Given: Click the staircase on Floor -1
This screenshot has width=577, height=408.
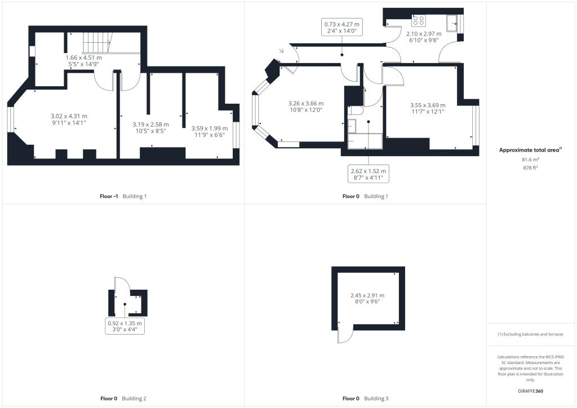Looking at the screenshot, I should [x=97, y=43].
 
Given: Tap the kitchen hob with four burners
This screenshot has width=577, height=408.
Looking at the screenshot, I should [x=419, y=21].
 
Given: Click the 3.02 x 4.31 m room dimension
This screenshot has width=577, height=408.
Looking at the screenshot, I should [x=69, y=119].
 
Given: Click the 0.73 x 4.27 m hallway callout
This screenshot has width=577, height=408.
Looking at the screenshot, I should [x=341, y=28].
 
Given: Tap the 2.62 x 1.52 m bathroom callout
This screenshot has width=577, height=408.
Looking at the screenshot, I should [x=368, y=174].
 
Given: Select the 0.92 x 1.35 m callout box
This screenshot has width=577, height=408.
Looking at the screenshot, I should [x=125, y=327].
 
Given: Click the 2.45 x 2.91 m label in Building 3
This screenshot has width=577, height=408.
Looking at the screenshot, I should [x=367, y=298].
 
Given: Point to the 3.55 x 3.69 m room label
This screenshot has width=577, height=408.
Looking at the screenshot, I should [x=428, y=109].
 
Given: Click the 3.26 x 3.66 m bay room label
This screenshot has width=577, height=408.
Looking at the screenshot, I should [x=305, y=107].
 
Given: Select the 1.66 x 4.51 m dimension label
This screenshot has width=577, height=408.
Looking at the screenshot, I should [x=84, y=61].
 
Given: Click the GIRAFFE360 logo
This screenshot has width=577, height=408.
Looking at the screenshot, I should [x=531, y=391].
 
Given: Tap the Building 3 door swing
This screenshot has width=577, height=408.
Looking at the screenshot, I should [x=343, y=335].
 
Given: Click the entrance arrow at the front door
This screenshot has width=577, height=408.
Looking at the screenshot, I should [x=281, y=51].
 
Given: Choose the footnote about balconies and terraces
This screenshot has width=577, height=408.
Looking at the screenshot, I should [x=530, y=334].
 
